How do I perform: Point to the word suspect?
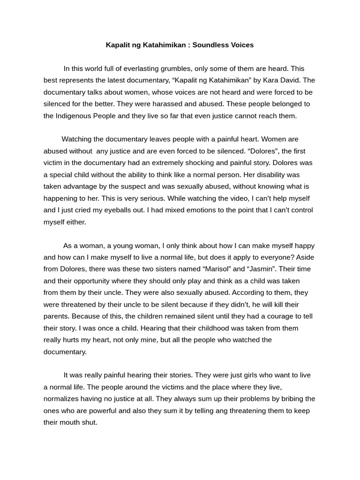click(x=137, y=186)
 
